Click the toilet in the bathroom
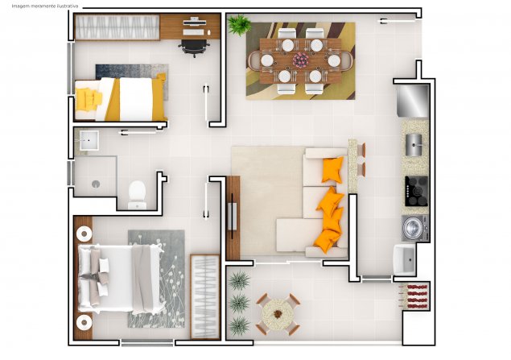point(137,195)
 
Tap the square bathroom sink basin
point(89,140)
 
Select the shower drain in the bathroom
point(96,184)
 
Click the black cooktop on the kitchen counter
point(417,191)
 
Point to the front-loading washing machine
point(414,228)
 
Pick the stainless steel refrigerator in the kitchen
point(413,101)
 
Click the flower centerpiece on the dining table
point(300,60)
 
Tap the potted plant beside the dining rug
point(239,25)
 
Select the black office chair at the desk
point(194,48)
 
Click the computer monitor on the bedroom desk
point(195,22)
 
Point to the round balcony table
point(278,314)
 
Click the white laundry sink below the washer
point(404,259)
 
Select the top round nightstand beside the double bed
point(84,234)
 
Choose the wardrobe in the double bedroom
point(205,296)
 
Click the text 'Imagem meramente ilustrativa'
point(45,6)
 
